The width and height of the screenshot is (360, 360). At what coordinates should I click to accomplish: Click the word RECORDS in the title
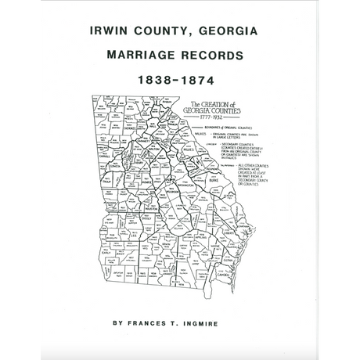pos(215,57)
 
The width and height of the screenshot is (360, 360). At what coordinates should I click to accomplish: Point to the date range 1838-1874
pos(179,81)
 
